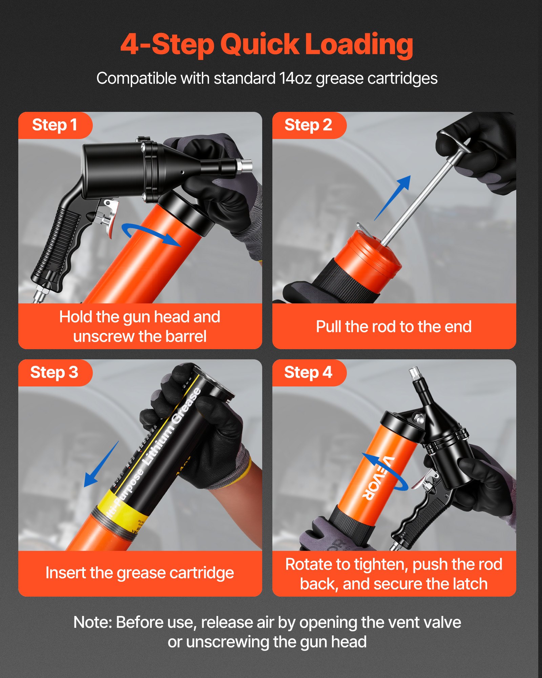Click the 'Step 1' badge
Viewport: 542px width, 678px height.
tap(55, 125)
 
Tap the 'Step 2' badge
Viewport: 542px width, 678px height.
tap(308, 125)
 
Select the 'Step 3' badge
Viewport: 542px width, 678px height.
tap(54, 373)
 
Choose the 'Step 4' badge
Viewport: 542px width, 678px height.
tap(308, 373)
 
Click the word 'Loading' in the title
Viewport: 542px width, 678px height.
tap(359, 44)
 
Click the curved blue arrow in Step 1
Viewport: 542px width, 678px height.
tap(149, 234)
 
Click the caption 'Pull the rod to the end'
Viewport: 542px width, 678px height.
tap(394, 327)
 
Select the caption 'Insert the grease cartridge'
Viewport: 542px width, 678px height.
tap(140, 573)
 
